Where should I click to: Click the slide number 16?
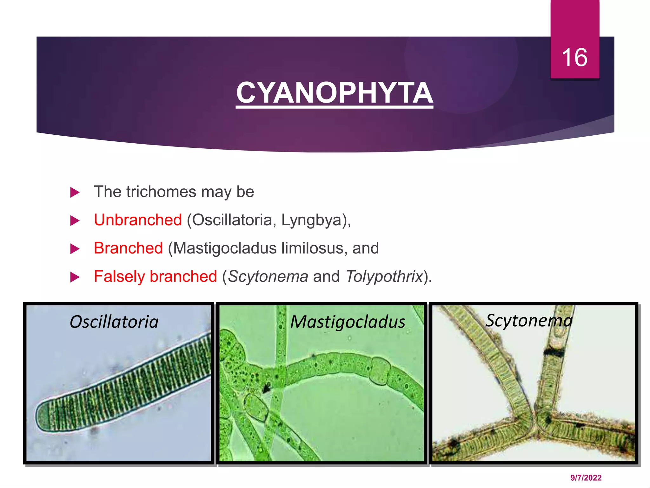tap(574, 58)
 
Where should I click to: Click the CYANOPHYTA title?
tap(334, 93)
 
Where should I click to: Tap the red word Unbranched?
tap(138, 220)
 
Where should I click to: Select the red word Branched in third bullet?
tap(128, 248)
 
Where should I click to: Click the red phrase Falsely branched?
tap(155, 276)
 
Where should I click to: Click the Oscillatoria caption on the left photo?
tap(114, 322)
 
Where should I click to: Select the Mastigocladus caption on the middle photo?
tap(348, 322)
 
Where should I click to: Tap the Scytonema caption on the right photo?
tap(529, 320)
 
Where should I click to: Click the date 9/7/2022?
tap(586, 478)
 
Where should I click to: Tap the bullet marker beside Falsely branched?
tap(75, 277)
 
